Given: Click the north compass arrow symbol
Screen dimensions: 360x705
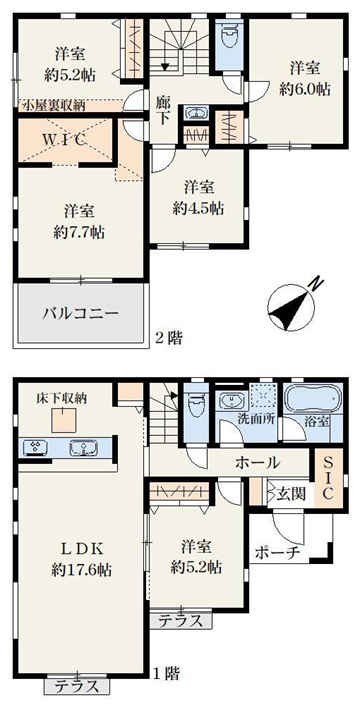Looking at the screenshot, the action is (x=292, y=308).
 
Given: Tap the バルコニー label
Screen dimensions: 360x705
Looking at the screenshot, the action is (x=81, y=313).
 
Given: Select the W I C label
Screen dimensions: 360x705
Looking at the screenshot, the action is (x=64, y=140).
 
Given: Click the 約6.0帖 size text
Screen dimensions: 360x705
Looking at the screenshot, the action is (x=305, y=90).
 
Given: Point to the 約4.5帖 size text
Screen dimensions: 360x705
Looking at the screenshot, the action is (x=198, y=208).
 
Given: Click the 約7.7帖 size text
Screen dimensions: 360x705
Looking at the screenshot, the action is (x=79, y=232).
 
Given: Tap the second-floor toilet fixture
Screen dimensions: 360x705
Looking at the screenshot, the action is (x=229, y=44).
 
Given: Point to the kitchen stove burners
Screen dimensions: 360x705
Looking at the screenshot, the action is (x=35, y=448).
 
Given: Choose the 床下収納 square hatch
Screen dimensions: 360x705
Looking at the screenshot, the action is (x=62, y=420).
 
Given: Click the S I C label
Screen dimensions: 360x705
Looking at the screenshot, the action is (x=328, y=478).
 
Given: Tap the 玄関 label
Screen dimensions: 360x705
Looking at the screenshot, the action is (x=294, y=494).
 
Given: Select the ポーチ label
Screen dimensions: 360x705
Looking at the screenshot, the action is (x=277, y=553).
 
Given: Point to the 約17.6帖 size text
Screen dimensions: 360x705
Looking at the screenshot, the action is (x=82, y=570).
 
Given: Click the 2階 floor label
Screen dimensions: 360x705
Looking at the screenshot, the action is (x=169, y=338).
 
